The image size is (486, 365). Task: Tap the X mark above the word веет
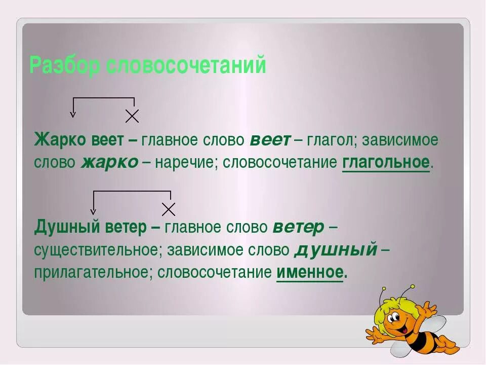click(x=132, y=116)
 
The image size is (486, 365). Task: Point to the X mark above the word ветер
click(x=169, y=209)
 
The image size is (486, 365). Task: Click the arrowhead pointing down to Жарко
click(x=73, y=114)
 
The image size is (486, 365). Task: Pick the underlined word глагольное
click(x=386, y=163)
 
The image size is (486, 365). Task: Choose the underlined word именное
click(x=310, y=272)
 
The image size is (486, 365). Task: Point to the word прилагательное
click(x=92, y=273)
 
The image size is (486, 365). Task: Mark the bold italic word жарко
click(x=109, y=163)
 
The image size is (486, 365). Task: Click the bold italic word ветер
click(x=298, y=228)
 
